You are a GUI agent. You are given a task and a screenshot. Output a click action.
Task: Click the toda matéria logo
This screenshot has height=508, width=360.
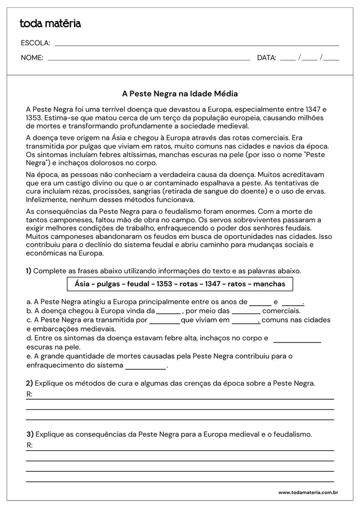coord(50,24)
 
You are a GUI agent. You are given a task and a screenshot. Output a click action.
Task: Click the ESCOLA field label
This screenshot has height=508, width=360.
coord(35,43)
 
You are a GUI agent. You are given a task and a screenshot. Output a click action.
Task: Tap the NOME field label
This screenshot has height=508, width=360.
coord(32,58)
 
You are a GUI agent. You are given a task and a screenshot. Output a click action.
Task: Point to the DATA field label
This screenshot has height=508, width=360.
coord(266,58)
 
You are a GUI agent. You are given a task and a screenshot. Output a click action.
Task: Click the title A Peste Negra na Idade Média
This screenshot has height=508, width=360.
coord(180,94)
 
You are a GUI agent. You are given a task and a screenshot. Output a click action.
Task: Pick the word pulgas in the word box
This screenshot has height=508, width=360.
coord(111,284)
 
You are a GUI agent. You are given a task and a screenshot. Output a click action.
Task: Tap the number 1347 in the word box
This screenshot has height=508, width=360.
coord(221,284)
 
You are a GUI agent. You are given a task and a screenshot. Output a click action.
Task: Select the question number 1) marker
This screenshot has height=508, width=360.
coord(28,271)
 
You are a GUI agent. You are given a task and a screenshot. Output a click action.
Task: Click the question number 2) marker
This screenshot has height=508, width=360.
coord(29,383)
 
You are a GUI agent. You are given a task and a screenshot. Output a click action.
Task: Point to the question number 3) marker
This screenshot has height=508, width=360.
coord(29,434)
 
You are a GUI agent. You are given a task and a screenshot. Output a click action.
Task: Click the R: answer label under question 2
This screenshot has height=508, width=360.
coord(29,395)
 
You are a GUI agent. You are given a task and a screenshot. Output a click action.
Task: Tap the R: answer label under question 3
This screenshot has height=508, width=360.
coord(29,445)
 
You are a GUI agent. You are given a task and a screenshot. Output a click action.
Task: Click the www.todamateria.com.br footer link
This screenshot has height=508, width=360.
coord(307,493)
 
